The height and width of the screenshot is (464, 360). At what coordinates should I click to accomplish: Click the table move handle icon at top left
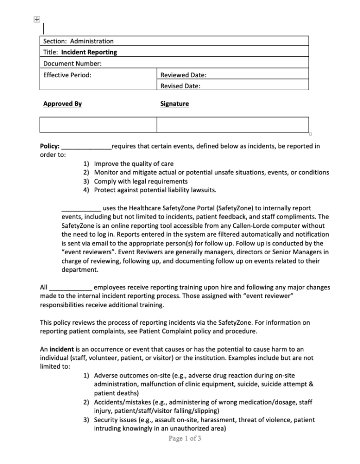pyautogui.click(x=37, y=19)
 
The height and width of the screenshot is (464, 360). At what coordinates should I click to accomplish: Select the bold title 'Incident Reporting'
pyautogui.click(x=89, y=52)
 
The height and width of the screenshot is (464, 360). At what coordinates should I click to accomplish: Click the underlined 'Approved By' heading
pyautogui.click(x=62, y=104)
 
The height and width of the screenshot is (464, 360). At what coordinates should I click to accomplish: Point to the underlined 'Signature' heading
pyautogui.click(x=175, y=104)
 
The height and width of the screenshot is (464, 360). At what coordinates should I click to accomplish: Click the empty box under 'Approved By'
pyautogui.click(x=98, y=125)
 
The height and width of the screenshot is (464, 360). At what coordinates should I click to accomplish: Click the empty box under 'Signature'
pyautogui.click(x=232, y=125)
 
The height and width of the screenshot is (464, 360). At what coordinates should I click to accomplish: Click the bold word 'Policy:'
pyautogui.click(x=50, y=146)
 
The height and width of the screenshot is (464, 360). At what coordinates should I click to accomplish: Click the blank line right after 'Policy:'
pyautogui.click(x=86, y=147)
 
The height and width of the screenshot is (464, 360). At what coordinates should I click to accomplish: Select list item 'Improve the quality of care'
pyautogui.click(x=133, y=164)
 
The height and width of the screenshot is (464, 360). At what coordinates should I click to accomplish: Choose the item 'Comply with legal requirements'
pyautogui.click(x=141, y=181)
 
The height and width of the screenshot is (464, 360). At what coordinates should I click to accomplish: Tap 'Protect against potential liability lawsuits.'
pyautogui.click(x=148, y=190)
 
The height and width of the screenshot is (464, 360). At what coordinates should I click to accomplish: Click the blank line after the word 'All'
pyautogui.click(x=71, y=288)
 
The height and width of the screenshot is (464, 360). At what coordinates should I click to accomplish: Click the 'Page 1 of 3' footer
pyautogui.click(x=185, y=438)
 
